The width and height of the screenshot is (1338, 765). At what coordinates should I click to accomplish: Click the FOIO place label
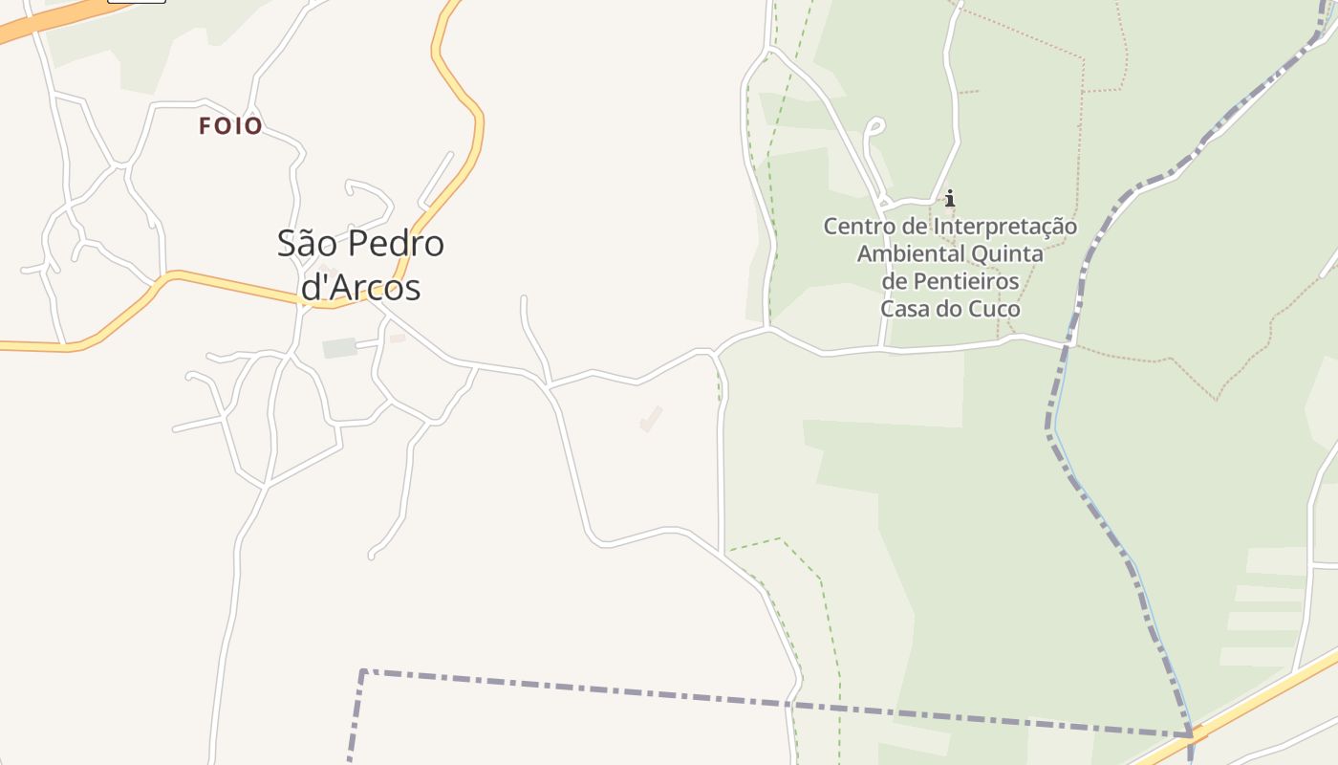pos(230,125)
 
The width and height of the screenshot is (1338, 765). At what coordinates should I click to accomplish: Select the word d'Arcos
pos(360,287)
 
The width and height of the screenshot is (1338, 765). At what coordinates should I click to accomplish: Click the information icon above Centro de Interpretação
pos(950,199)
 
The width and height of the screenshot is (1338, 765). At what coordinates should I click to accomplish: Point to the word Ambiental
pos(911,254)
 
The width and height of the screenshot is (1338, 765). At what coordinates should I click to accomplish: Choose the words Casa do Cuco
pos(950,309)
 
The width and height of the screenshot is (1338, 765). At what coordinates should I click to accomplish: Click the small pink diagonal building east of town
pos(651,419)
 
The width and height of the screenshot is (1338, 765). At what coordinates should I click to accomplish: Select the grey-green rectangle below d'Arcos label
pos(339,348)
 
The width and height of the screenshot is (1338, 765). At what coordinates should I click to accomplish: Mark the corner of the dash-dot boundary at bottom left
pos(363,672)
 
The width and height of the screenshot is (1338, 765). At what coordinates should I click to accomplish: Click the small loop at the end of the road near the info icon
pos(874,125)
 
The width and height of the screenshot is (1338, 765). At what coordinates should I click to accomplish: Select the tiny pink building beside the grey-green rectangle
pos(398,338)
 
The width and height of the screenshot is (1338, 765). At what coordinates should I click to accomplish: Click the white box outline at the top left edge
pos(136,1)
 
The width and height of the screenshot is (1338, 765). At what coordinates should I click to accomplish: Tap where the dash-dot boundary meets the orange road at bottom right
pos(1191,733)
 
